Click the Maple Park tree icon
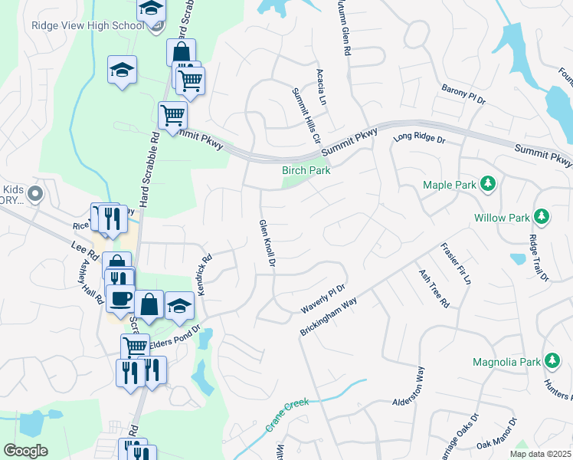[487, 184]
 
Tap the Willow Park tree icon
[542, 217]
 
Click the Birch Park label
[306, 170]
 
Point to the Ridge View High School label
[87, 25]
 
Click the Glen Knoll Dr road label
[267, 242]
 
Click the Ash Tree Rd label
[433, 288]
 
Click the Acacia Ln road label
[322, 86]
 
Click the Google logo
[25, 450]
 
